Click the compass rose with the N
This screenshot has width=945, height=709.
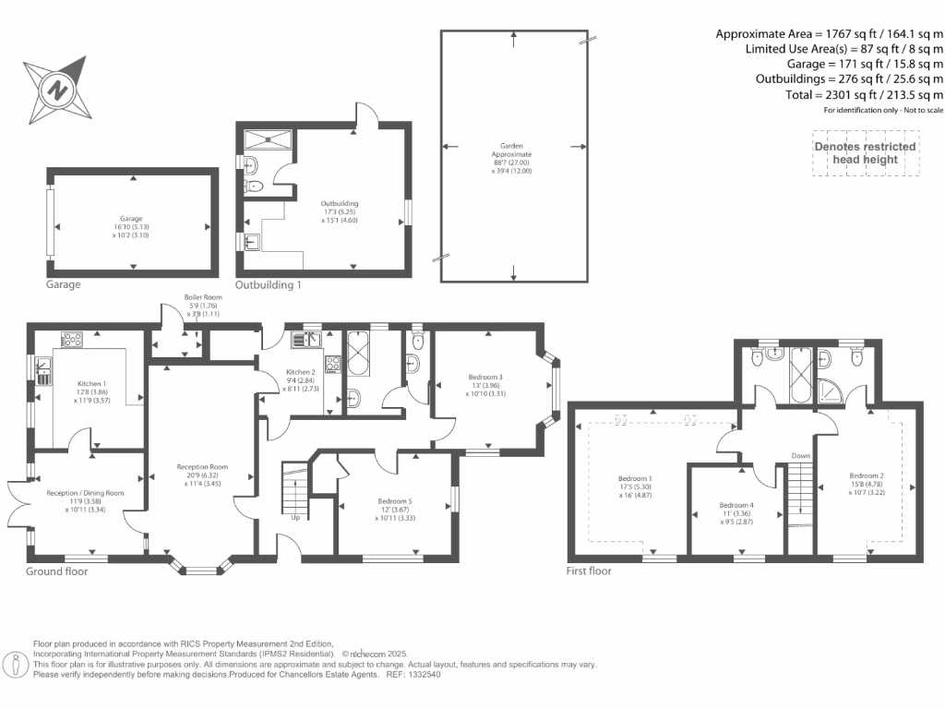coord(57,90)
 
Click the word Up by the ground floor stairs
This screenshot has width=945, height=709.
coord(294,518)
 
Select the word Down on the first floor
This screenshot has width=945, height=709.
coord(801,455)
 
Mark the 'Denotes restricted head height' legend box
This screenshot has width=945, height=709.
coord(865,153)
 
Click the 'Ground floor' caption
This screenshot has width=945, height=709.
coord(55,571)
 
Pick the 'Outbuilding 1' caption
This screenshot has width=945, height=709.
coord(269,285)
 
